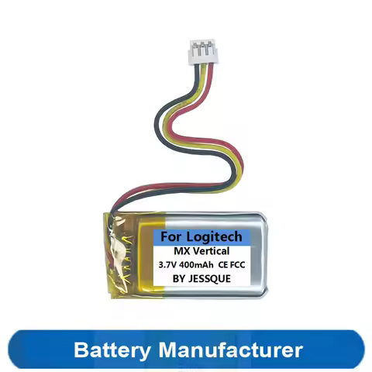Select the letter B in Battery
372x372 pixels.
(x=80, y=349)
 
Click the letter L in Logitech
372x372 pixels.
(x=188, y=236)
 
